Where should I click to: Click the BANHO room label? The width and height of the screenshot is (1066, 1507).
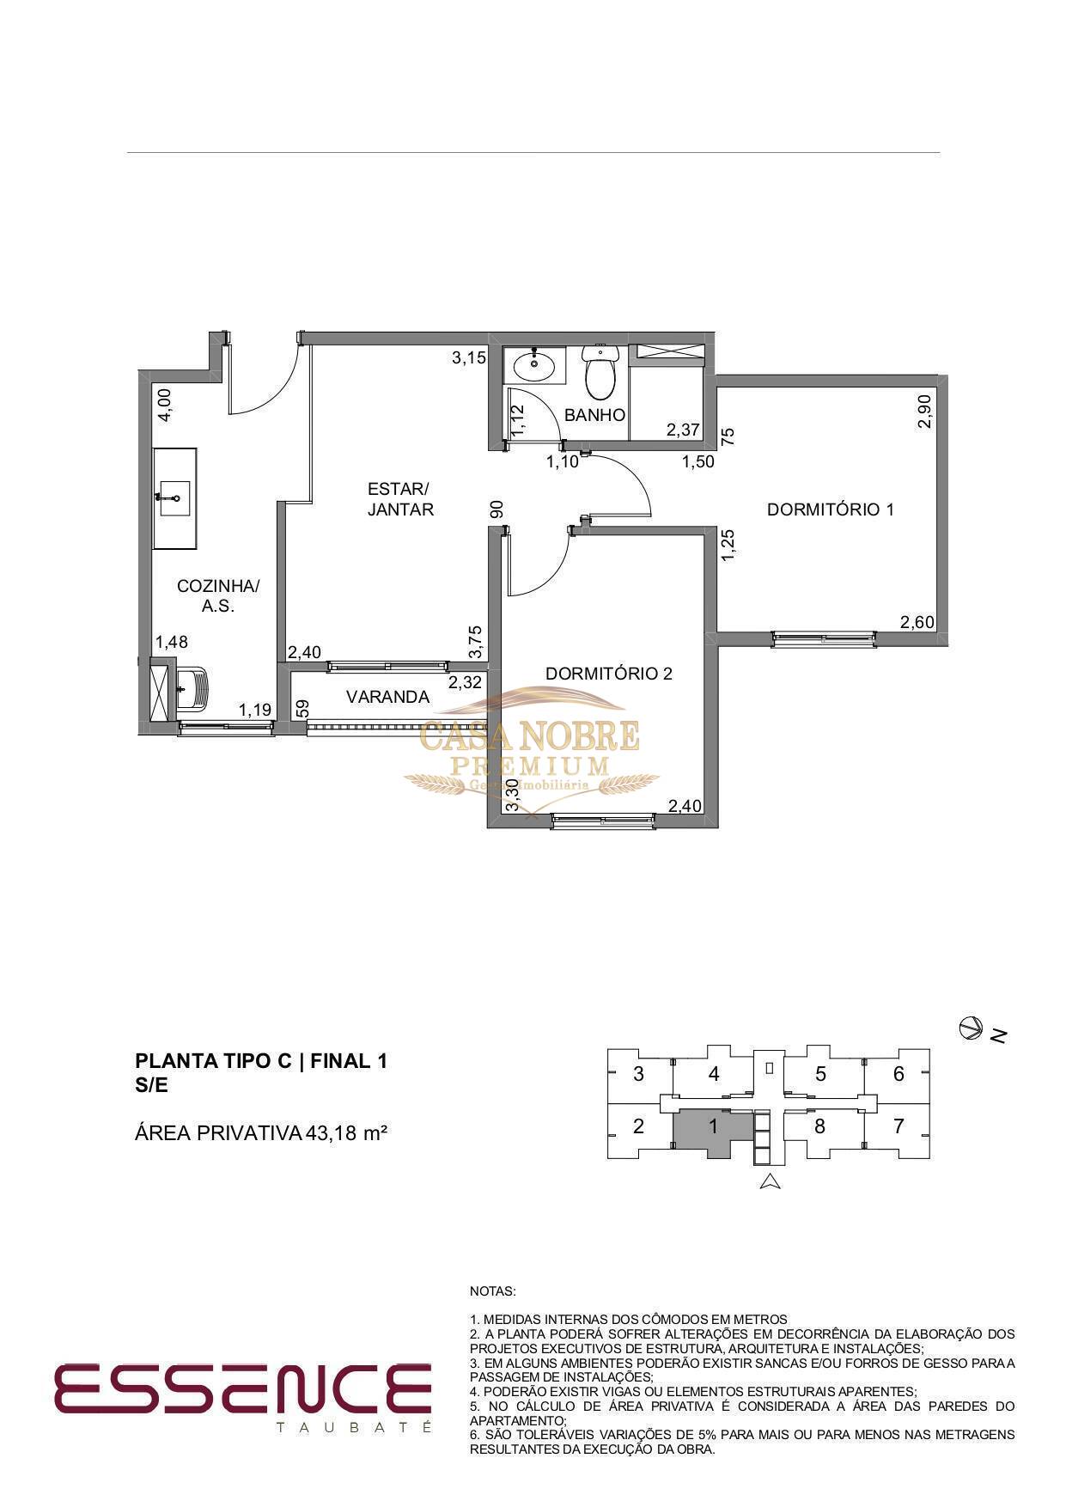coord(594,415)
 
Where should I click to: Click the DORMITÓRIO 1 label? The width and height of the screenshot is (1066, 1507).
coord(830,509)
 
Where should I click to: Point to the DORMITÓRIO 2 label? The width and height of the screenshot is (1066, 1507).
coord(609,674)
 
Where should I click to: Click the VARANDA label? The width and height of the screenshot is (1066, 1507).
coord(387,697)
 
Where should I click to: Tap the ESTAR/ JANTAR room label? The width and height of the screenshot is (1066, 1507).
coord(400,499)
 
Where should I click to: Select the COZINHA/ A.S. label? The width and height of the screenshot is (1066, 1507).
coord(218,595)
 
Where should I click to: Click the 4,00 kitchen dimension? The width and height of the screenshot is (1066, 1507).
coord(165,404)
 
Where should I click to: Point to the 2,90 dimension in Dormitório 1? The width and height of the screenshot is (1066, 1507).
coord(924,411)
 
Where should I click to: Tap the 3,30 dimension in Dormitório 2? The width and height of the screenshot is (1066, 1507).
coord(513,795)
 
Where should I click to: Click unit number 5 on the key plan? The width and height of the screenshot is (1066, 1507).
coord(820,1074)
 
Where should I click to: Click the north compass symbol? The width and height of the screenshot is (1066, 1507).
coord(971,1027)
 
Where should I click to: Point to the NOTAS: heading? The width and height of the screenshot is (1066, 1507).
coord(493,1291)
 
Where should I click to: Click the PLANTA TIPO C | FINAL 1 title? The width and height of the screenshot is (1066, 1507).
coord(262,1061)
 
